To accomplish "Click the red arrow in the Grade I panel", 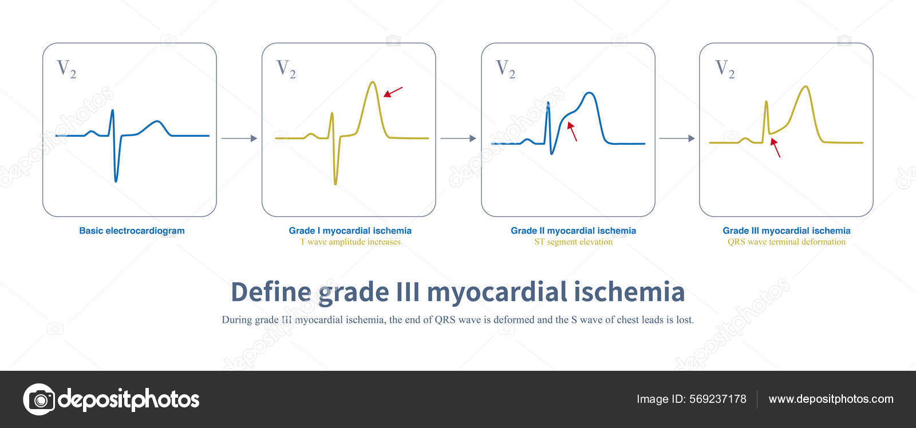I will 393,92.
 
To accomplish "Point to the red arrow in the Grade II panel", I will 572,131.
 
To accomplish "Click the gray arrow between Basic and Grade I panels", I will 239,138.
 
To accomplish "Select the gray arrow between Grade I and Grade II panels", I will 458,138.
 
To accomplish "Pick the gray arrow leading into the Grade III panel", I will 677,138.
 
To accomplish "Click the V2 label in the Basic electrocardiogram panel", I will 66,69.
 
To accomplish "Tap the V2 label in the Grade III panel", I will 725,69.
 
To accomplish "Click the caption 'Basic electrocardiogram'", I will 132,231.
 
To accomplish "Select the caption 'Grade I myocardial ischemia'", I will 350,231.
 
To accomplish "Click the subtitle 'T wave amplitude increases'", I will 350,242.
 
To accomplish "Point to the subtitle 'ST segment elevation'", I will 573,242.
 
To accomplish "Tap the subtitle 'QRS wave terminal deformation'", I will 786,242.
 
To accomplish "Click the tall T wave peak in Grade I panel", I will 373,82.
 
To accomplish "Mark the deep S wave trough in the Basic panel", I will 116,181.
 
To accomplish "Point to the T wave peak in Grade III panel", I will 806,87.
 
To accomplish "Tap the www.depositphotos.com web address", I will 831,399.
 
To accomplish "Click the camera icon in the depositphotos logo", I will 39,399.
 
